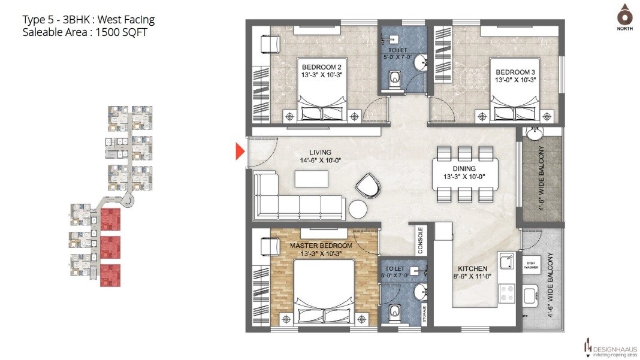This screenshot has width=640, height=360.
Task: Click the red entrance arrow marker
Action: pyautogui.click(x=240, y=152)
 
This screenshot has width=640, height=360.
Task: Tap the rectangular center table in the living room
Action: pyautogui.click(x=311, y=179)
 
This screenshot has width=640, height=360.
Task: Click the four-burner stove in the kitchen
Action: pyautogui.click(x=507, y=293)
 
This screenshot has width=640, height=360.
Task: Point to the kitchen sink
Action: pyautogui.click(x=506, y=261)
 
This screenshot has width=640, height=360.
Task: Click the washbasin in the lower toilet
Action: pyautogui.click(x=422, y=292)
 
